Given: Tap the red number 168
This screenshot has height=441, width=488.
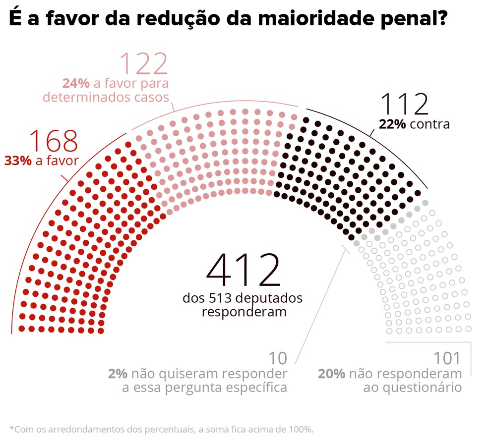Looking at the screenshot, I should pos(54,141).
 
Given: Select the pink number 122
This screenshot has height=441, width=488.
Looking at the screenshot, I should pos(144,64).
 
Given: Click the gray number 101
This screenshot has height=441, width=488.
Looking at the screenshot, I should pos(447,358).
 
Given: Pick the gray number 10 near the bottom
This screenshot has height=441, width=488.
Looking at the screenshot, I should pos(278,358).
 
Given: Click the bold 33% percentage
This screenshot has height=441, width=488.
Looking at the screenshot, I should pos(19,161).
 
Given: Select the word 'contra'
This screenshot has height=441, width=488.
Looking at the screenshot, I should pos(429,124).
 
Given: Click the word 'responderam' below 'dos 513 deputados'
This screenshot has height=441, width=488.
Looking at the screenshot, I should pos(244,312).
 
